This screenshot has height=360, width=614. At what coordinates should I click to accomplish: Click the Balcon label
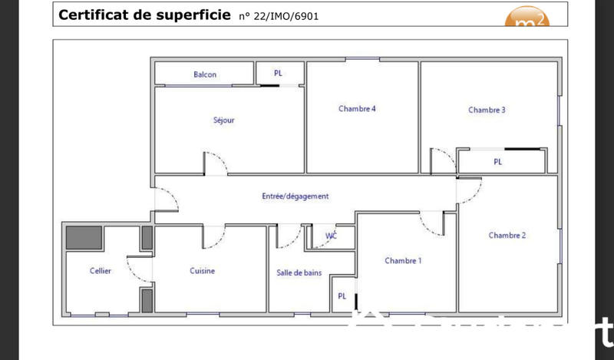205,74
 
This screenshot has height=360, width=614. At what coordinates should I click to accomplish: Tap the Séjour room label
224,120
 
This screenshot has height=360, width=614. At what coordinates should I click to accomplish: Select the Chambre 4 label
357,108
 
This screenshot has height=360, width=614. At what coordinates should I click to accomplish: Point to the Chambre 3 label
487,110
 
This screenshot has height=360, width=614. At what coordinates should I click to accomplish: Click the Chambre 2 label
507,235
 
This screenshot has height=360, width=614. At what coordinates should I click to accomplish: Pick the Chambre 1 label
403,261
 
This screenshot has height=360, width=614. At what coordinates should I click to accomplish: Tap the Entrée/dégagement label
295,197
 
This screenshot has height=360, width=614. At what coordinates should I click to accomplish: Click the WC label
332,236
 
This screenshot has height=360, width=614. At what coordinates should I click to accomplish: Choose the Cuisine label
203,270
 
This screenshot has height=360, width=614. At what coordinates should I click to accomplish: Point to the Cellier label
101,270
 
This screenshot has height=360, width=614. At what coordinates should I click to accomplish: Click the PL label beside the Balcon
278,74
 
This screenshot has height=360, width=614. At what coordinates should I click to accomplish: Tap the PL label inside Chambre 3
498,162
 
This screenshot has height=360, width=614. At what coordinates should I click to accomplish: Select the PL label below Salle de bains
342,296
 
